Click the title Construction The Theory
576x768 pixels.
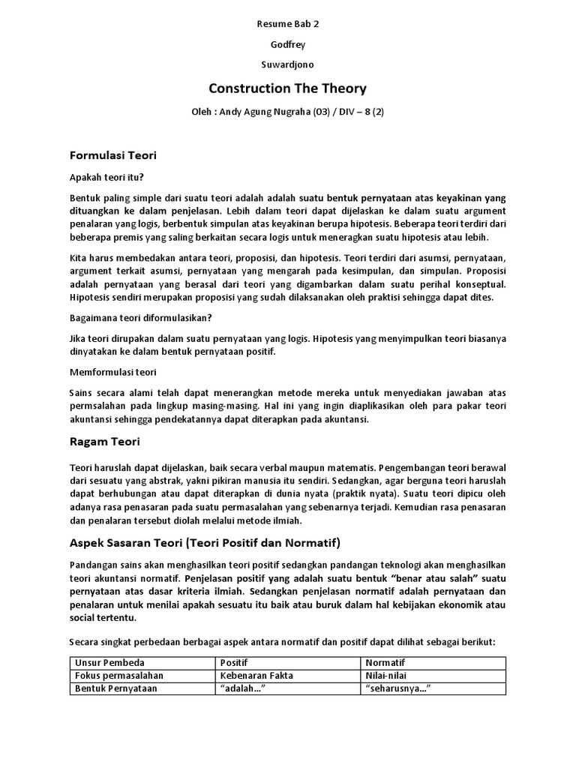pos(287,88)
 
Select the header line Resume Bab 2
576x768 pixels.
pos(287,24)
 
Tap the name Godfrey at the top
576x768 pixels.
pos(287,44)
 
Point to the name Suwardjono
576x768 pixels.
pos(287,64)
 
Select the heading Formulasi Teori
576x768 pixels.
pos(112,156)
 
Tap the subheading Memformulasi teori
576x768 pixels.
pos(113,372)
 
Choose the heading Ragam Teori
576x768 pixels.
pos(104,441)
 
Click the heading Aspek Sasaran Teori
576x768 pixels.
pos(205,541)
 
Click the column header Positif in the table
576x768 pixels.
pos(234,663)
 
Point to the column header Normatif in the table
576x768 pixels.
pos(384,663)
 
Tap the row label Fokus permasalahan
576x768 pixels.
pos(118,676)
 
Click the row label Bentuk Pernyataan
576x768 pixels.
pos(115,688)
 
